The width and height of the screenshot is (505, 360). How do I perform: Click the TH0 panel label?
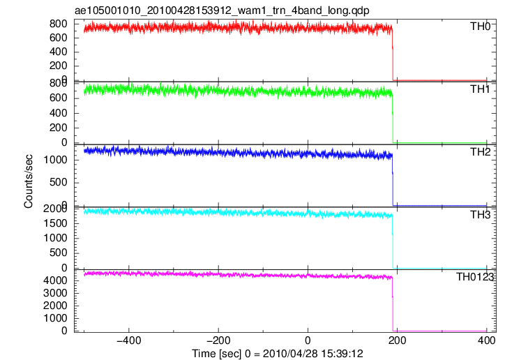point(480,26)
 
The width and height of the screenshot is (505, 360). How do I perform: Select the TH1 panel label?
point(480,89)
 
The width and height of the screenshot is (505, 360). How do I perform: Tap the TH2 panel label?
point(480,151)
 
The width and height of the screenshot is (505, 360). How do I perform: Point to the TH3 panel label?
point(480,214)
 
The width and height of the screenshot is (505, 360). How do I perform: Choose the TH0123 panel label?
point(475,276)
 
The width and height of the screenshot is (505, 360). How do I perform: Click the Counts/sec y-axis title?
point(29,181)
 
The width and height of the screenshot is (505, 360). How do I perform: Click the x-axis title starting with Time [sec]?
point(278,354)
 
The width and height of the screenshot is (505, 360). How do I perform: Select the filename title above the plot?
point(222,10)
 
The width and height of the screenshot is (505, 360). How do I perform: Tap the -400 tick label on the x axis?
point(129,340)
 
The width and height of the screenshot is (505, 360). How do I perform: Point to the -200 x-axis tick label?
point(218,340)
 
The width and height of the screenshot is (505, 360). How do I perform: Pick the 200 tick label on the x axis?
point(398,340)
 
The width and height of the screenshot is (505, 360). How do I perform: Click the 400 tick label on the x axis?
point(487,340)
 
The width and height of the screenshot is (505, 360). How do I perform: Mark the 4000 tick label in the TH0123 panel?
point(55,280)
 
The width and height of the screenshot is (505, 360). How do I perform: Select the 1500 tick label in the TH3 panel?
point(55,223)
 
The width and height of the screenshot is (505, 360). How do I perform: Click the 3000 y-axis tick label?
point(55,293)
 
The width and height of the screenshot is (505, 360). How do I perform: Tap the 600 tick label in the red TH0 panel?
point(59,38)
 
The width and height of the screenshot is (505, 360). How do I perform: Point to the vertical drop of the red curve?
point(393,54)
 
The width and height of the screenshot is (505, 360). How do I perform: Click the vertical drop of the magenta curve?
point(393,304)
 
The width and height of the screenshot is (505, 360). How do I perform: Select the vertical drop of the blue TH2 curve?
point(393,181)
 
